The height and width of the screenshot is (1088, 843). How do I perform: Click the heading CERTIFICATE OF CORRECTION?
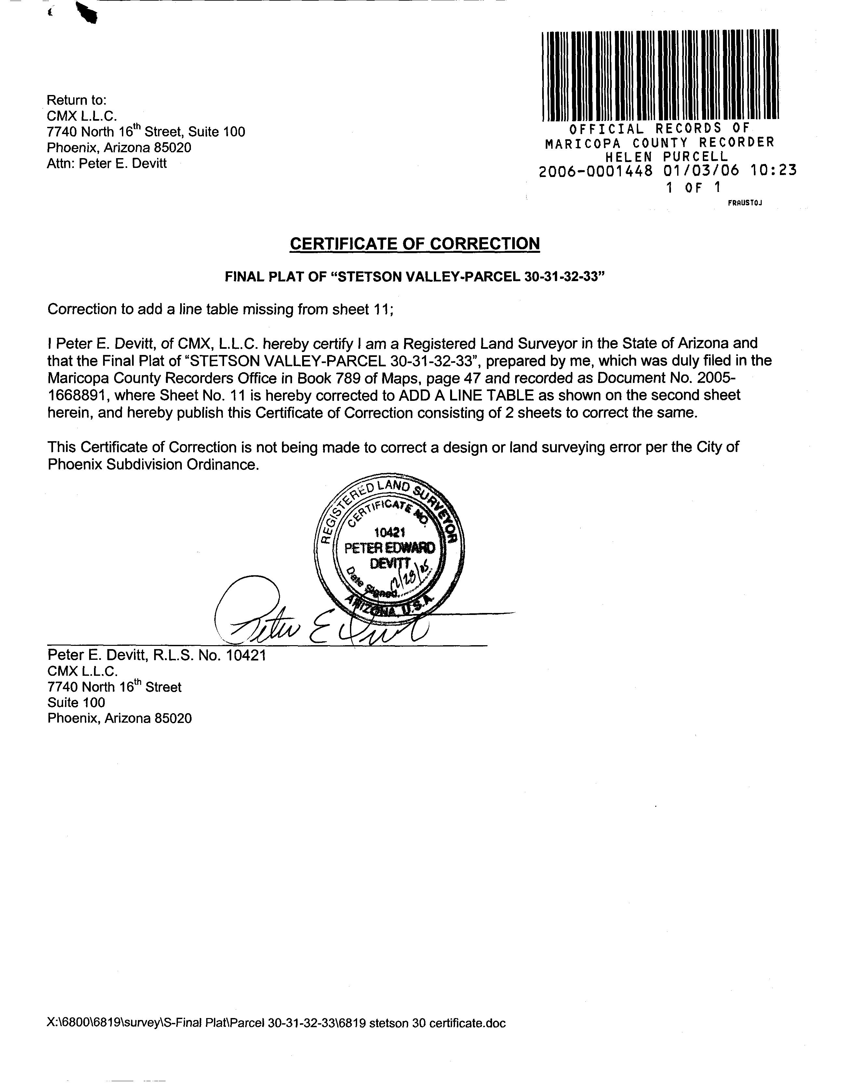click(414, 244)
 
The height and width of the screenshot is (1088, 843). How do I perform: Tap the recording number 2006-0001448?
click(595, 171)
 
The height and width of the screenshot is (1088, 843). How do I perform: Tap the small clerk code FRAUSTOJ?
click(745, 203)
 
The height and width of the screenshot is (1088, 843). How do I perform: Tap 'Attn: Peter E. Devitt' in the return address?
click(107, 163)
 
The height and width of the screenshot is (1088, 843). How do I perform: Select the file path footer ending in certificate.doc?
click(276, 1019)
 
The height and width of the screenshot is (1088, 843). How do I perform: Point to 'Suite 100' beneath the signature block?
click(76, 702)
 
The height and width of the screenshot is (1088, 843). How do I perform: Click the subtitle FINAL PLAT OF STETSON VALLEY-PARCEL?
click(414, 277)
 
